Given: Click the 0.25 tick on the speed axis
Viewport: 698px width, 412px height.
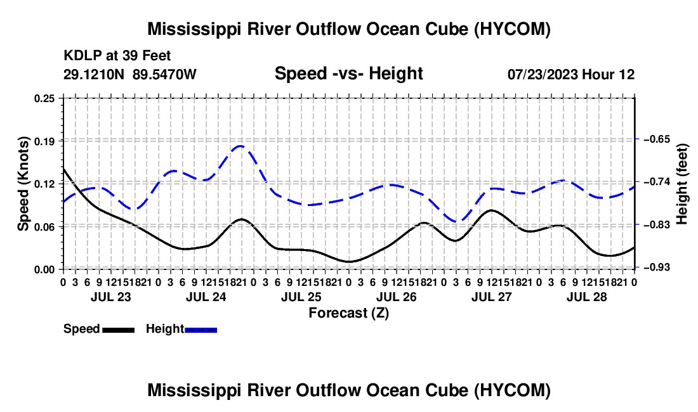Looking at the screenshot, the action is [x=44, y=98].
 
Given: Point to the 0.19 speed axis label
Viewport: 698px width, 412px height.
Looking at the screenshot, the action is [x=44, y=141].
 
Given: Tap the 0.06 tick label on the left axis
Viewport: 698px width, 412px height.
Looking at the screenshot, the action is [x=44, y=227].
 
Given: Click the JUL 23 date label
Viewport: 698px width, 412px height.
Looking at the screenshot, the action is [x=111, y=297].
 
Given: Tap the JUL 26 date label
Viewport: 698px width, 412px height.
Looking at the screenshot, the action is [x=396, y=297].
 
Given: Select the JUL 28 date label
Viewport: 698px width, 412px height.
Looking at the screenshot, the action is [x=587, y=297].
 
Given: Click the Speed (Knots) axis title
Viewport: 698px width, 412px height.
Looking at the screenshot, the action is [x=23, y=184].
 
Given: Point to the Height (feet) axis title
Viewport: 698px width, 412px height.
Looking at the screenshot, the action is [x=682, y=184].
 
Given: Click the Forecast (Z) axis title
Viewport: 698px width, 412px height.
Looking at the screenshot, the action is [x=348, y=313].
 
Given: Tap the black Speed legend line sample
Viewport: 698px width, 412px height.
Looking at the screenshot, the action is [x=119, y=330].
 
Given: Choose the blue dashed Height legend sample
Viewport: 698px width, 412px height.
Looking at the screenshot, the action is [x=201, y=330].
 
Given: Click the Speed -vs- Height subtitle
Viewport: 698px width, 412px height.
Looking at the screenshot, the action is [x=348, y=74].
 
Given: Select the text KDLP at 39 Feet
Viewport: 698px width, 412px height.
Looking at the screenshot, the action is [x=117, y=56].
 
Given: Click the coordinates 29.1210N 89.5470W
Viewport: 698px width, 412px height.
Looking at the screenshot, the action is [x=129, y=74].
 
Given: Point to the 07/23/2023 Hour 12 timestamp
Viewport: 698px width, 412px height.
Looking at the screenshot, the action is [x=571, y=74].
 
